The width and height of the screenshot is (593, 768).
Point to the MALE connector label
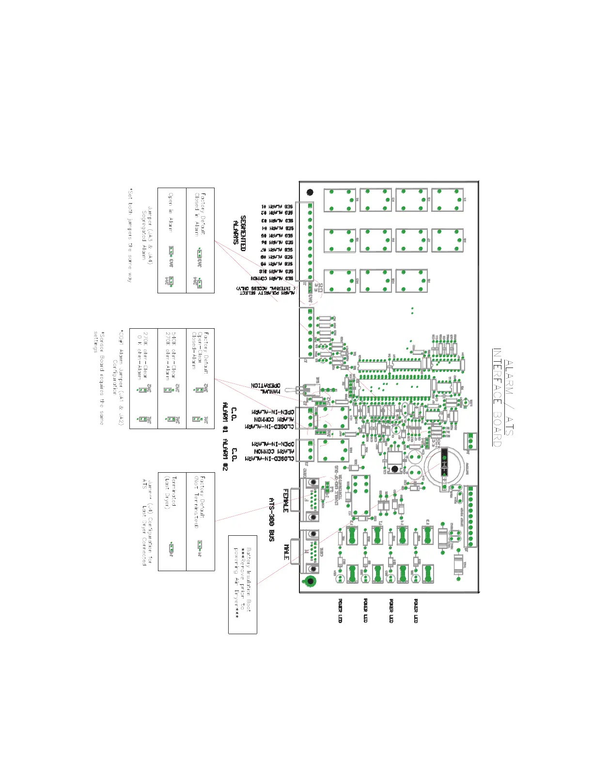tap(286, 552)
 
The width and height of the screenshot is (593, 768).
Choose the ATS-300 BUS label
tap(272, 519)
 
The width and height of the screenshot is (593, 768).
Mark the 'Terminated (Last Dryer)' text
tap(171, 492)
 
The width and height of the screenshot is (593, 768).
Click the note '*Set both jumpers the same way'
tap(130, 235)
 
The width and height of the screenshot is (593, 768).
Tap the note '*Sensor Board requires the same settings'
tap(99, 378)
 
